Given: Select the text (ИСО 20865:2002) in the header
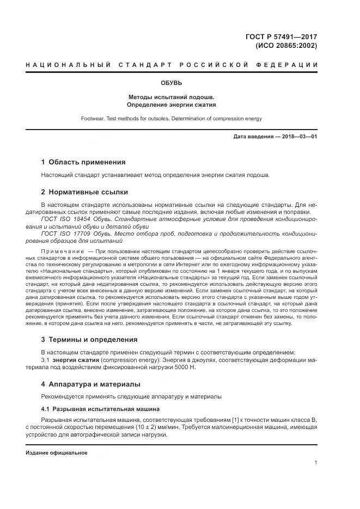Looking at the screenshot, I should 286,46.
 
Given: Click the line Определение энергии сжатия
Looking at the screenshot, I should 172,105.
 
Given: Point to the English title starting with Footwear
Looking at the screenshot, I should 172,118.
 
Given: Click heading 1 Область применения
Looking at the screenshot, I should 83,162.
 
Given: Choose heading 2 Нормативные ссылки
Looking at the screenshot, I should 85,192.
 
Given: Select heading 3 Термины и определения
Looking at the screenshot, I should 90,339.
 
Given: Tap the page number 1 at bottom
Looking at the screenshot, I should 315,463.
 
